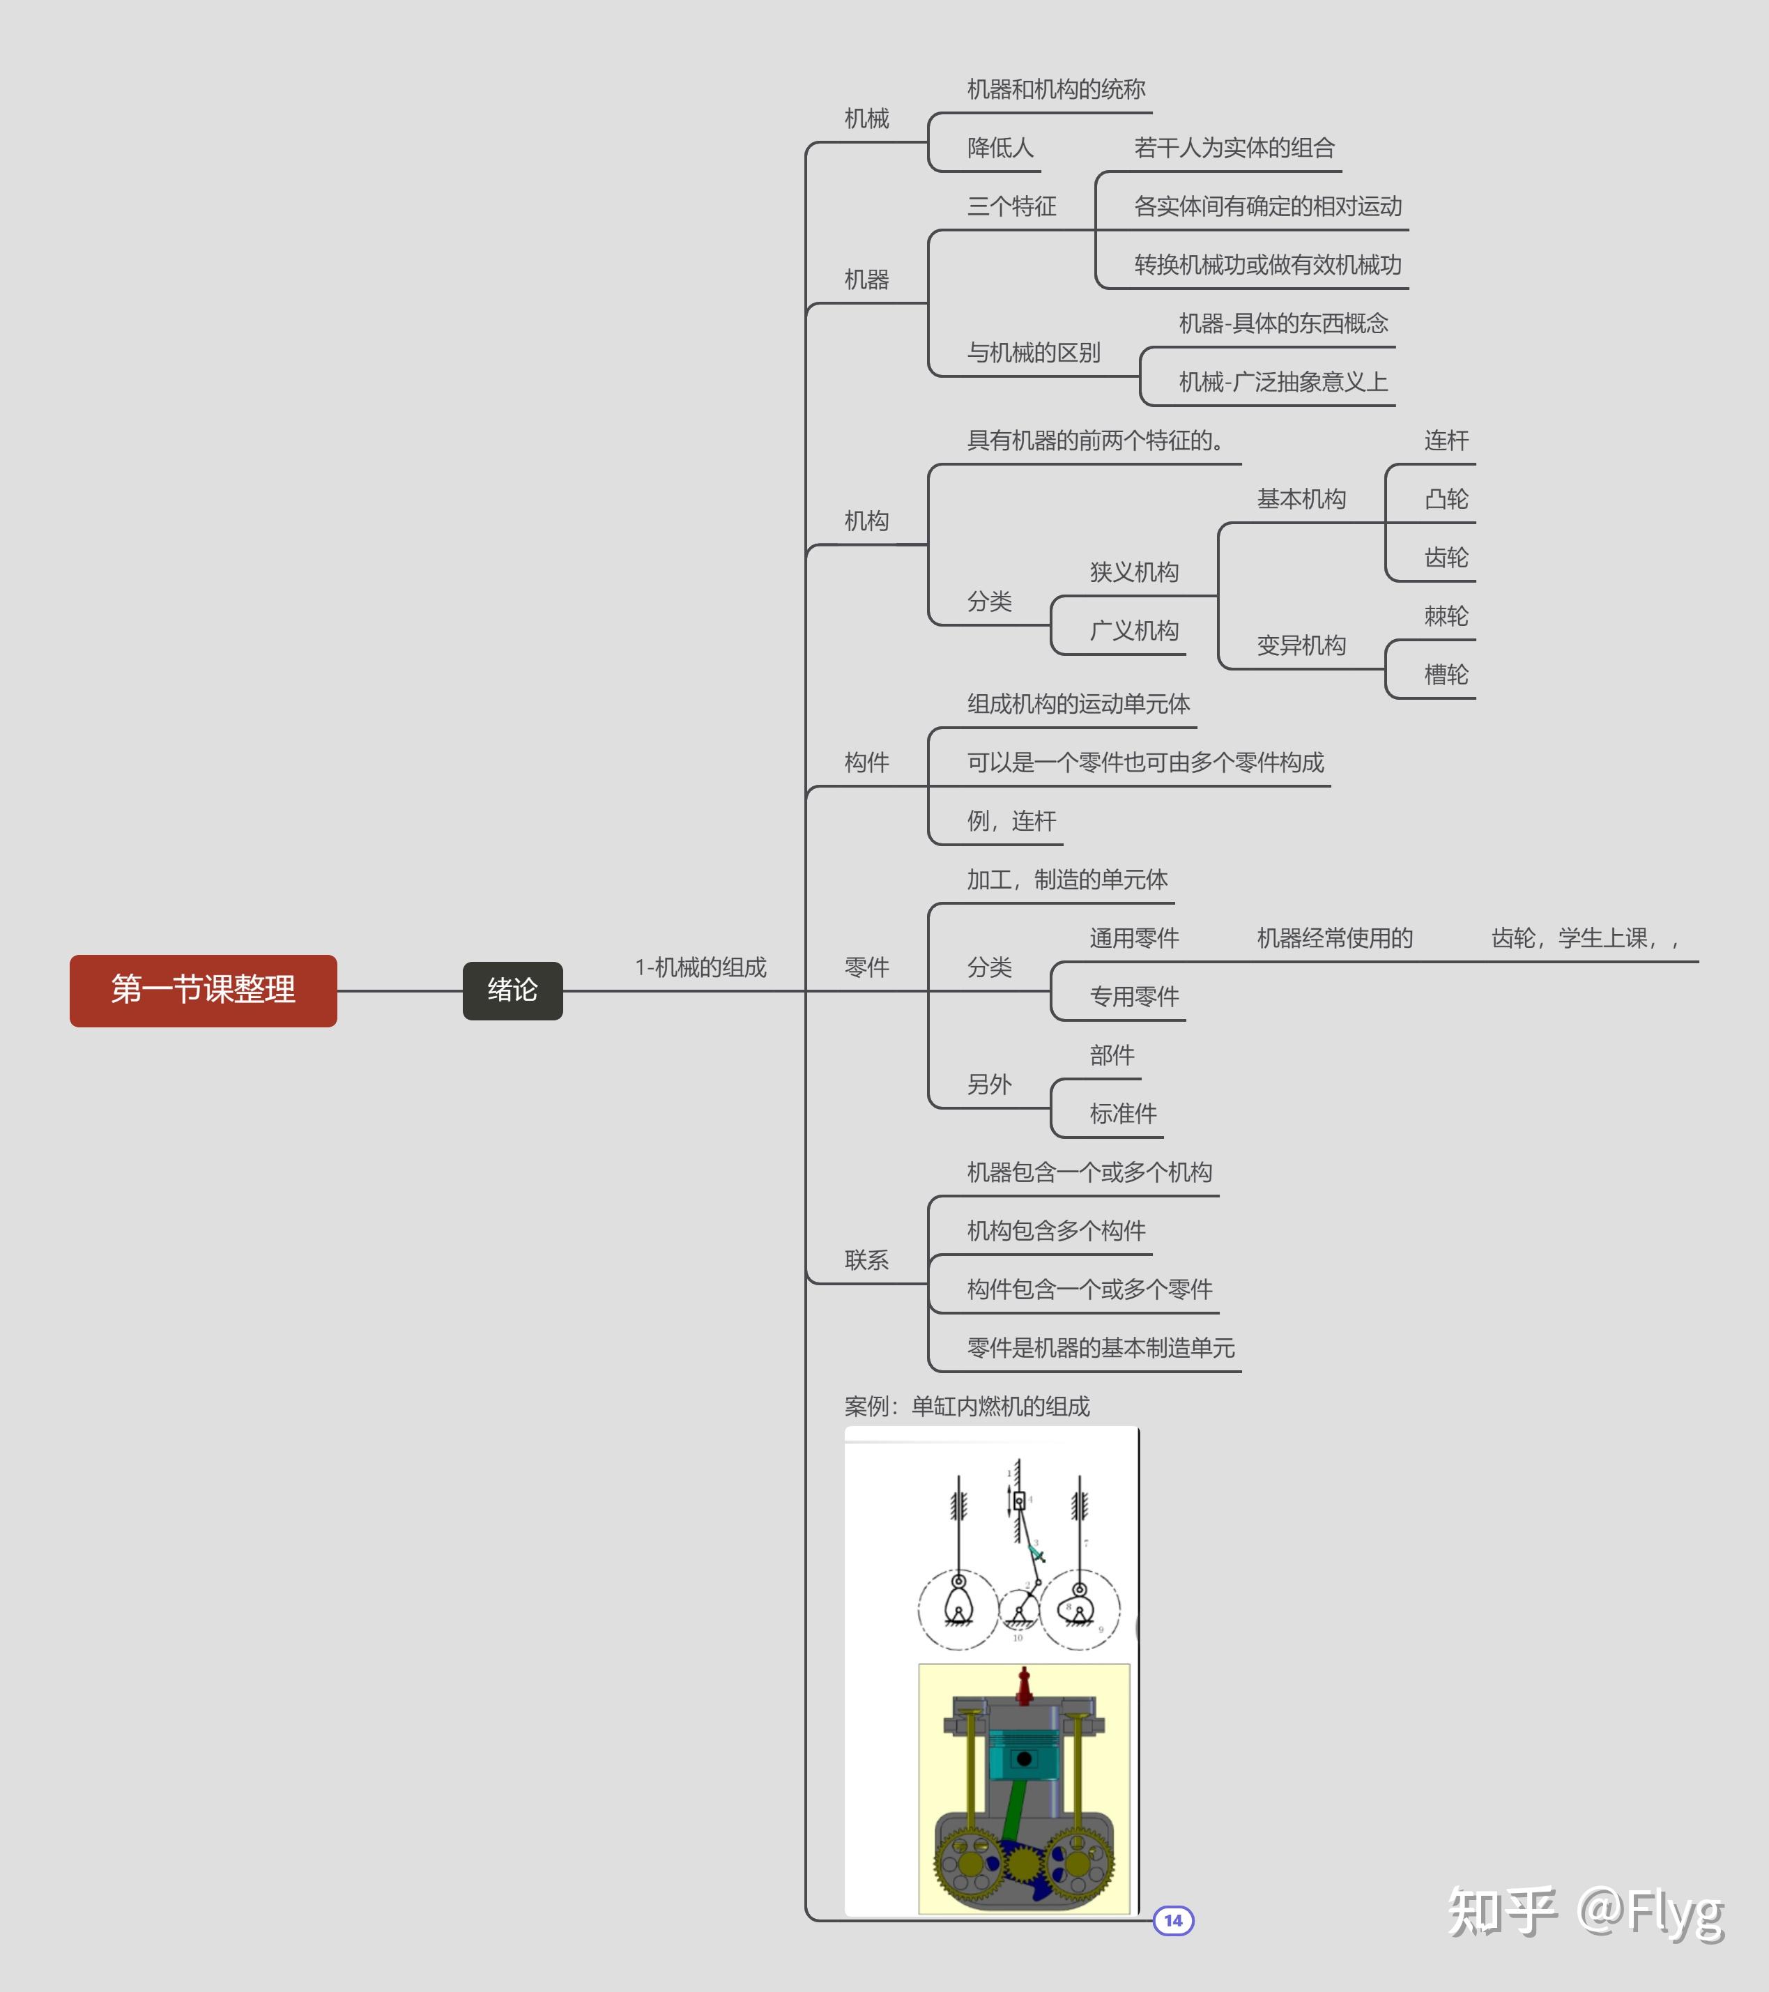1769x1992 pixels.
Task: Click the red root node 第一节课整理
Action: [203, 990]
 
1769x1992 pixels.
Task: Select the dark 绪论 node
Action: [513, 990]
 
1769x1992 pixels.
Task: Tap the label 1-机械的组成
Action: [700, 967]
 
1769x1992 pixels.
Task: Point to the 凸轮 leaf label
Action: [1446, 499]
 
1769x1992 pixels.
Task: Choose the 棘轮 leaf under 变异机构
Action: [1446, 616]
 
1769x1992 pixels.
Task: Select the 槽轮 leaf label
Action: [1446, 675]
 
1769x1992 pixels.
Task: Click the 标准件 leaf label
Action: [1123, 1113]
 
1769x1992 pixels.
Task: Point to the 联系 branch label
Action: [866, 1260]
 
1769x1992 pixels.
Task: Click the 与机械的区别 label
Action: [1033, 353]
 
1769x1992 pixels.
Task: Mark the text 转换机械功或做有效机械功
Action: [1267, 265]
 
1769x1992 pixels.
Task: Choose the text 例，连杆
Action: [1011, 820]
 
